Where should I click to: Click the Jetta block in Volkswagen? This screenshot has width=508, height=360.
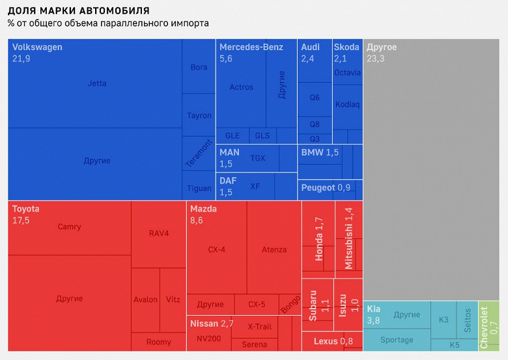pyautogui.click(x=96, y=83)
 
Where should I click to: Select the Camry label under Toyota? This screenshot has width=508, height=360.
pyautogui.click(x=69, y=227)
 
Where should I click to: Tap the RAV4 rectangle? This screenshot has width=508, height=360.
pyautogui.click(x=158, y=234)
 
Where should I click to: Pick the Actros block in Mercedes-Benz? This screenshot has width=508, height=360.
pyautogui.click(x=242, y=87)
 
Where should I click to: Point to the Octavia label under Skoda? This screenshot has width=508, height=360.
pyautogui.click(x=347, y=73)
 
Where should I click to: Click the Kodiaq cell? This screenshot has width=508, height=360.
pyautogui.click(x=347, y=104)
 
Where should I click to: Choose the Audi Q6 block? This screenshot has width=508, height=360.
pyautogui.click(x=315, y=98)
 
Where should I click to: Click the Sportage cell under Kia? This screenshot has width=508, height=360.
pyautogui.click(x=397, y=340)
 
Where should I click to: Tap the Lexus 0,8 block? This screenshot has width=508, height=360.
pyautogui.click(x=332, y=341)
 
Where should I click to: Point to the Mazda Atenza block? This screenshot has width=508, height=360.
pyautogui.click(x=274, y=249)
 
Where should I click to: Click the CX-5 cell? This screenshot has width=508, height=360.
pyautogui.click(x=257, y=304)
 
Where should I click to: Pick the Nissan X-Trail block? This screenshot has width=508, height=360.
pyautogui.click(x=260, y=326)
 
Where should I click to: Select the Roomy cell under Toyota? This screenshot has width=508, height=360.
pyautogui.click(x=158, y=342)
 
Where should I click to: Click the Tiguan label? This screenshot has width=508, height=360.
pyautogui.click(x=199, y=188)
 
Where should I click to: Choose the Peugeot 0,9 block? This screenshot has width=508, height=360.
pyautogui.click(x=326, y=188)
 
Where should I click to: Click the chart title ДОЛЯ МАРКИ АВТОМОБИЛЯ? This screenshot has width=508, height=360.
pyautogui.click(x=78, y=11)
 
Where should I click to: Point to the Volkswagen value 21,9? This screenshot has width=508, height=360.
pyautogui.click(x=21, y=59)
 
